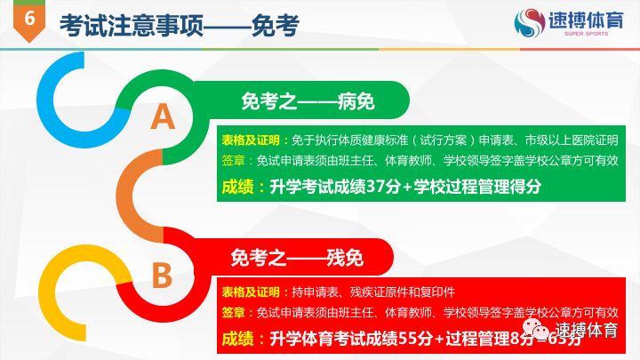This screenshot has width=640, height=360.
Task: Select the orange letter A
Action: (163, 116)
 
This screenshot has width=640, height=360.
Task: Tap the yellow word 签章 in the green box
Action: (234, 161)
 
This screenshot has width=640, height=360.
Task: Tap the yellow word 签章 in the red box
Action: (234, 312)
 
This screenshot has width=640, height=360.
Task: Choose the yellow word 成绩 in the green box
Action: (238, 187)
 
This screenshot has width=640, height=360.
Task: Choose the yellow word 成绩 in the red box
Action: (238, 339)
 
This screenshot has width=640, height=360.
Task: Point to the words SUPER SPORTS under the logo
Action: (583, 37)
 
